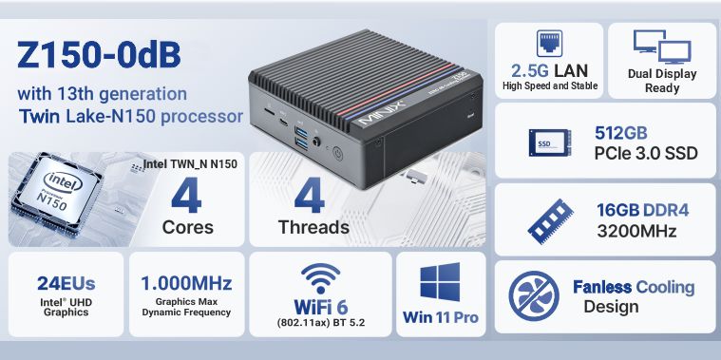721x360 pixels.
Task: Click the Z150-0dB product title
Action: (99, 55)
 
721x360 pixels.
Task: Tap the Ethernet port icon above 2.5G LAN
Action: (549, 43)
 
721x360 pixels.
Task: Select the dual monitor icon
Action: (662, 47)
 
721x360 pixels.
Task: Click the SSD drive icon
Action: (550, 142)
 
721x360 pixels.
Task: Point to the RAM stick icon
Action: (550, 221)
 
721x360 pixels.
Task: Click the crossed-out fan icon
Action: (534, 295)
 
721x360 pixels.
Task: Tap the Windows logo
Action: (440, 282)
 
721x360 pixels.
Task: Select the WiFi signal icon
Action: (320, 278)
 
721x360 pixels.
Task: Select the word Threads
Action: (313, 227)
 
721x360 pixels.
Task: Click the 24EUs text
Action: (66, 284)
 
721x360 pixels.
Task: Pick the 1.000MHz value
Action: (186, 283)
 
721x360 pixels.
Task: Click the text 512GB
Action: (620, 133)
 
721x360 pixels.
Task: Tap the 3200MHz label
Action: (636, 231)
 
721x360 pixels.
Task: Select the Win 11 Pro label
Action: (440, 317)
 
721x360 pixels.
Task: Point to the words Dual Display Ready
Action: (662, 81)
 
